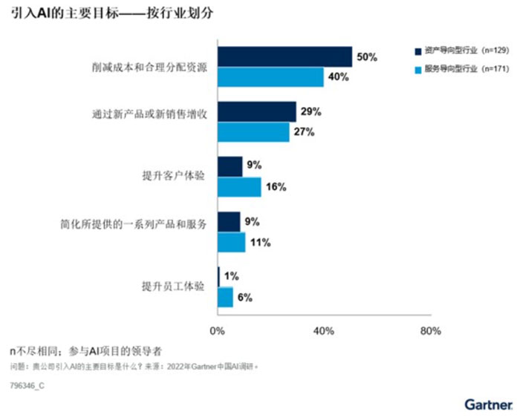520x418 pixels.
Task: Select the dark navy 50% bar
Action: pyautogui.click(x=285, y=57)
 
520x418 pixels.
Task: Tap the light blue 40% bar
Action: pyautogui.click(x=270, y=77)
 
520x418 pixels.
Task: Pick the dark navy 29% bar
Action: pyautogui.click(x=256, y=112)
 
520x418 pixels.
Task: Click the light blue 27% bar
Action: pyautogui.click(x=253, y=132)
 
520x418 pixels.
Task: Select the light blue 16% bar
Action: pyautogui.click(x=239, y=187)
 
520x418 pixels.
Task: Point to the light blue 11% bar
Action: pyautogui.click(x=231, y=242)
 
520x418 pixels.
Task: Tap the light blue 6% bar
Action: pyautogui.click(x=225, y=297)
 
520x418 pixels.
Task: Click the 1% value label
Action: pyautogui.click(x=231, y=277)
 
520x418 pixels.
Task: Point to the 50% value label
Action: pyautogui.click(x=367, y=57)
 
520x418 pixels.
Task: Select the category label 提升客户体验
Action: pyautogui.click(x=173, y=176)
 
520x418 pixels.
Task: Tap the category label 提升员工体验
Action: pyautogui.click(x=173, y=287)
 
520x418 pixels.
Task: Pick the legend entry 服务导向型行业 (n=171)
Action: pyautogui.click(x=461, y=69)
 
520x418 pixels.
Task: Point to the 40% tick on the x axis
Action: pyautogui.click(x=323, y=330)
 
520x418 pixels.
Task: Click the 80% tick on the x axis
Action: pyautogui.click(x=430, y=330)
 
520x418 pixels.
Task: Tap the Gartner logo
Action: pyautogui.click(x=488, y=405)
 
